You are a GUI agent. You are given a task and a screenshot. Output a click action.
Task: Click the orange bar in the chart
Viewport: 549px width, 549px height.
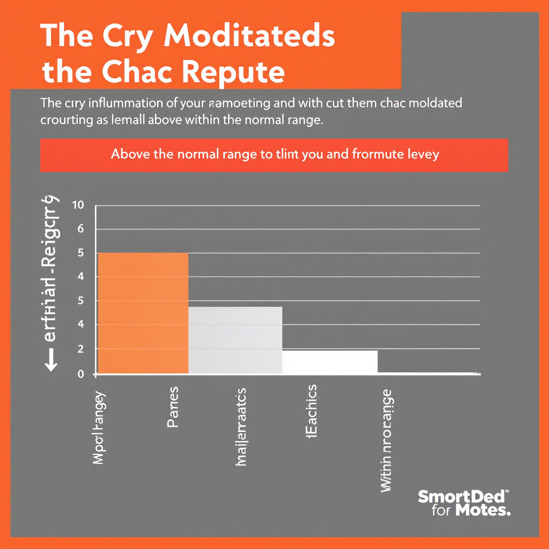(x=143, y=313)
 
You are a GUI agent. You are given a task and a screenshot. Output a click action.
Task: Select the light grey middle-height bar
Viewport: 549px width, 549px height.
(x=235, y=340)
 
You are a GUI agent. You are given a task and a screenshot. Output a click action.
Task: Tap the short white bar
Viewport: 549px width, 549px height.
(x=330, y=362)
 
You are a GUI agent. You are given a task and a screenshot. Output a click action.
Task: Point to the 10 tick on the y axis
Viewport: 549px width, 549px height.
(x=78, y=205)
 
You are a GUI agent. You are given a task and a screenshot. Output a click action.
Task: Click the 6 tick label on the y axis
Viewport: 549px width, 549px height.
(x=80, y=229)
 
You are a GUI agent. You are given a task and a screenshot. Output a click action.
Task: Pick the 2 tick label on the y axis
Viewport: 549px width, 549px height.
(x=80, y=349)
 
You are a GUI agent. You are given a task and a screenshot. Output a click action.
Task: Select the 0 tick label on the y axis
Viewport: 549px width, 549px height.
(x=80, y=374)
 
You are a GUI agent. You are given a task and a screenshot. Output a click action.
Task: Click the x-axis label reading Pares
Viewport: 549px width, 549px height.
(x=173, y=407)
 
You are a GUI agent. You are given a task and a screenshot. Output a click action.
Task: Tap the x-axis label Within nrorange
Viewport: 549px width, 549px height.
(x=386, y=440)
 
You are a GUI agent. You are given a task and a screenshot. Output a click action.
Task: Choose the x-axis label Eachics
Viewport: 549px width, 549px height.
(x=311, y=411)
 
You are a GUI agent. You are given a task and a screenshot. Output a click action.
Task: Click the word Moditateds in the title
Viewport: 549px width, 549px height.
(x=249, y=36)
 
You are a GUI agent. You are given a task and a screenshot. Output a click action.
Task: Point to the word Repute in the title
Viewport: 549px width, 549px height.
(x=233, y=72)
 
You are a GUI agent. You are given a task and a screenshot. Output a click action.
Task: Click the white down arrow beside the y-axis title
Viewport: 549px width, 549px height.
(x=51, y=360)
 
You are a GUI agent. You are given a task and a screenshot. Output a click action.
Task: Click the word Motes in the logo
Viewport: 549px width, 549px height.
(x=483, y=510)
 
